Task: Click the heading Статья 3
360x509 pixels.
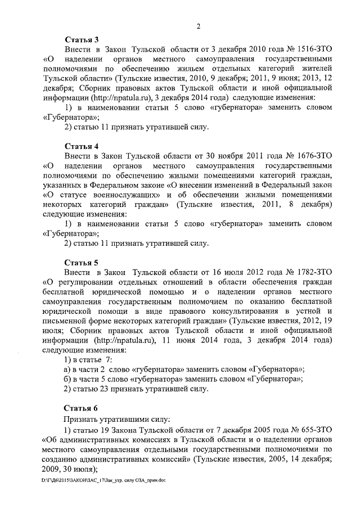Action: pos(81,39)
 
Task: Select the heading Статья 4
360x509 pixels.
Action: pos(81,146)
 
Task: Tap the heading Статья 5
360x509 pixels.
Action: pos(81,262)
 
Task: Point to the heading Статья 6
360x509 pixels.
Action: pos(81,408)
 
